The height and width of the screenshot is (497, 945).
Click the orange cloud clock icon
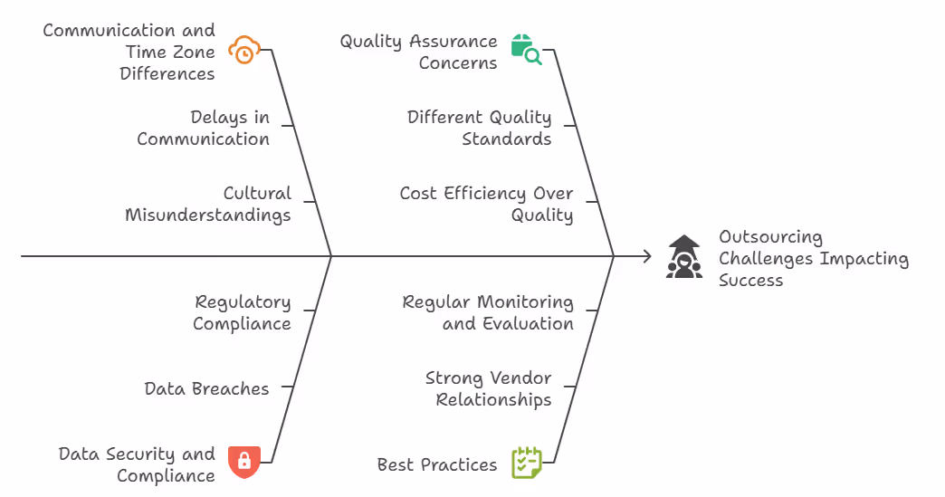[243, 51]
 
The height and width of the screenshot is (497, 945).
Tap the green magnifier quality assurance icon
[526, 51]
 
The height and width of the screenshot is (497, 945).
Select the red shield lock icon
[243, 461]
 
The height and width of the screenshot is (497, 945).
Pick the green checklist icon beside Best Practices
[526, 462]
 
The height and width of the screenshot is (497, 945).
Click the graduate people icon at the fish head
[684, 257]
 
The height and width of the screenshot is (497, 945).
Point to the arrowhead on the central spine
[646, 256]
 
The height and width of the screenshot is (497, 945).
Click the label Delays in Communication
[204, 128]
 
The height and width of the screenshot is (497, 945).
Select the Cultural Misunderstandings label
[208, 204]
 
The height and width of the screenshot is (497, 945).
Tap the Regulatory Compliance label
[242, 312]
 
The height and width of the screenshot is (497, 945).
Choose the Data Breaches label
[206, 388]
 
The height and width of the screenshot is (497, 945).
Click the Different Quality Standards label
[479, 128]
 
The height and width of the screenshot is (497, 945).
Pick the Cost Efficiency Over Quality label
[486, 204]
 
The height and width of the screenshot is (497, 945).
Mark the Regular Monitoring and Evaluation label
[488, 312]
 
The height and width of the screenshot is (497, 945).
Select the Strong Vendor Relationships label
[488, 388]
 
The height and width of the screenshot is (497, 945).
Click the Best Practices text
[437, 464]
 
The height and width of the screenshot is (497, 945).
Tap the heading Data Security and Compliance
[137, 464]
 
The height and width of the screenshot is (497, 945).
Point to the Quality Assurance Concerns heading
[418, 52]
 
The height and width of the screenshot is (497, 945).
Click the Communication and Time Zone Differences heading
[129, 52]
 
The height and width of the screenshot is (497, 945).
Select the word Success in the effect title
[750, 280]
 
